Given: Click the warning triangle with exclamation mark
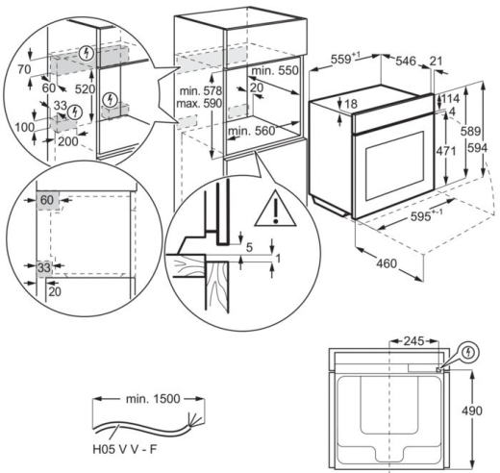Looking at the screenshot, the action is click(x=275, y=209).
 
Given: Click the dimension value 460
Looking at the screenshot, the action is click(x=387, y=263).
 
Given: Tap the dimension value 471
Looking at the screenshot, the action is click(x=445, y=151).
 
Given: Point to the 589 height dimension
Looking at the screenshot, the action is click(x=471, y=131).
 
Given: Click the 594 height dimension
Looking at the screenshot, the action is click(x=477, y=148).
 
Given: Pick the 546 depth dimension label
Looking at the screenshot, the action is click(x=406, y=61).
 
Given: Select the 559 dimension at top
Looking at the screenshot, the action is click(x=345, y=59).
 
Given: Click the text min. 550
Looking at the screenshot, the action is click(x=275, y=70).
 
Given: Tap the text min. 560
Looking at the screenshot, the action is click(x=252, y=131).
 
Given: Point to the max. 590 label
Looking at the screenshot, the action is click(x=199, y=103).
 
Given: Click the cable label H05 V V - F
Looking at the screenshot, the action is click(x=125, y=449).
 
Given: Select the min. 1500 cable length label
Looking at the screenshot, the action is click(x=153, y=399).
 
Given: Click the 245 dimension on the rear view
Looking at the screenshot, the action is click(x=413, y=341).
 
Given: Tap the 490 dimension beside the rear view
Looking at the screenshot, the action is click(x=471, y=411).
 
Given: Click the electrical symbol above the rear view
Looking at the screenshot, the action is click(x=469, y=353).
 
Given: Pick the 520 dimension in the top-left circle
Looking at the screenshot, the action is click(x=85, y=89).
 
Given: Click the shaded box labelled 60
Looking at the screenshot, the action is click(x=47, y=201).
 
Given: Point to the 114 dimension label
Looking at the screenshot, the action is click(x=450, y=98).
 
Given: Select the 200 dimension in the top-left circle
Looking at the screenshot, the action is click(x=68, y=141).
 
